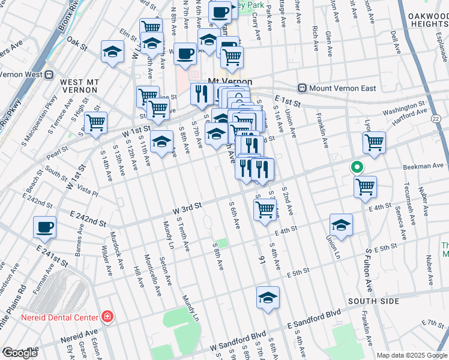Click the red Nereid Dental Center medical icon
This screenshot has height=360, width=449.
(107, 316)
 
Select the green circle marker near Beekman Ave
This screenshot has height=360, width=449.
(357, 167)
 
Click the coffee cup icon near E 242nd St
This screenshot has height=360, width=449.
(45, 227)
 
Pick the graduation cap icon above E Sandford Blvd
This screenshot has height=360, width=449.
(268, 297)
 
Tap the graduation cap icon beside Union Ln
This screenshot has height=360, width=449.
(341, 225)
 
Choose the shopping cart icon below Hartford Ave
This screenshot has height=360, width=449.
(374, 142)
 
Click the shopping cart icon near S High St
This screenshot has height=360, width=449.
(95, 123)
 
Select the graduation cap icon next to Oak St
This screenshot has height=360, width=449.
(112, 52)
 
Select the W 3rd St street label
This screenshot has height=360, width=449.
(187, 207)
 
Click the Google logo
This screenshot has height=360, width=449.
(19, 353)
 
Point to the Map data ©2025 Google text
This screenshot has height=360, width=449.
(411, 355)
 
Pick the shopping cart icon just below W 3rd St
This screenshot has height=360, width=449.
(265, 210)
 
